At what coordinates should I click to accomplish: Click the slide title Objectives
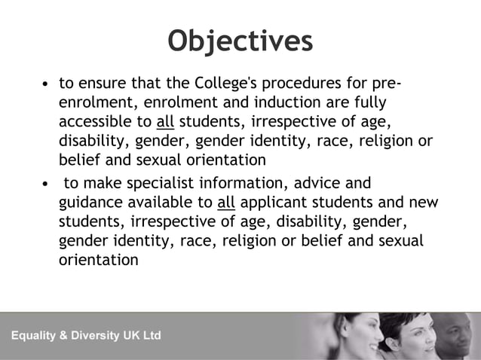(240, 41)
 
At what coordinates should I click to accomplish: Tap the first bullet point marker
(47, 83)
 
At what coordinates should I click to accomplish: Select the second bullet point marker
(47, 183)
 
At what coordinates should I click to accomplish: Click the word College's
(226, 82)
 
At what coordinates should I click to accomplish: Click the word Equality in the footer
(38, 335)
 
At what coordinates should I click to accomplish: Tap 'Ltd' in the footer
(152, 335)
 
